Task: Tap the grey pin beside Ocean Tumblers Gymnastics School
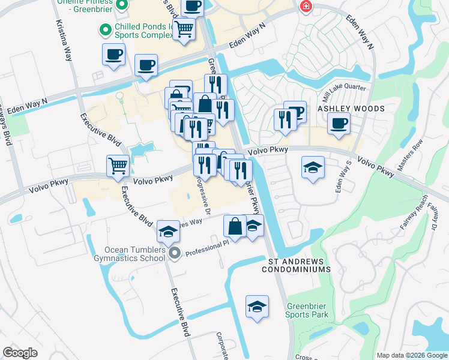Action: (x=175, y=254)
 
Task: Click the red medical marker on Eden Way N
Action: (x=306, y=7)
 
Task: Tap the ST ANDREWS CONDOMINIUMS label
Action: (x=297, y=266)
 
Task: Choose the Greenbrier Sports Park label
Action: (x=307, y=310)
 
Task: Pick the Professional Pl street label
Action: (x=207, y=248)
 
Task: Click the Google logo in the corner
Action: (x=20, y=353)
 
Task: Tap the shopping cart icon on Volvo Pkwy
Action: (x=118, y=166)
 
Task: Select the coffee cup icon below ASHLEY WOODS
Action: (x=339, y=124)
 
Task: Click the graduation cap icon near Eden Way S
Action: (x=312, y=167)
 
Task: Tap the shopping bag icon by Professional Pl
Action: (x=235, y=227)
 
